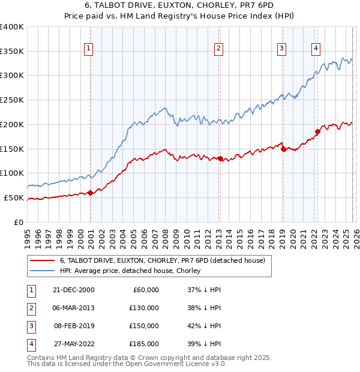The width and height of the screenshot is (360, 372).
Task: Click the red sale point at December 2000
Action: pos(90,193)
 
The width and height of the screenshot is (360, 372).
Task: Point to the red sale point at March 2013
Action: pos(220,158)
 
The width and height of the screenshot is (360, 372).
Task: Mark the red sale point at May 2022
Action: pos(318,131)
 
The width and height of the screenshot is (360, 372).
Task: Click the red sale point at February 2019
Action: pos(283,149)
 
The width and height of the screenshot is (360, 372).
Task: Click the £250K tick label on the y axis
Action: pos(11,100)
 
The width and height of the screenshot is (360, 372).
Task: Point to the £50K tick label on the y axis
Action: pos(14,197)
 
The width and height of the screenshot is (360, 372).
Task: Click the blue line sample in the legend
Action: pos(43,271)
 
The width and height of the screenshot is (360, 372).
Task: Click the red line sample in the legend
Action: pos(43,260)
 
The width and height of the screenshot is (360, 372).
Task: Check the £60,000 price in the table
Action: pos(144,290)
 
